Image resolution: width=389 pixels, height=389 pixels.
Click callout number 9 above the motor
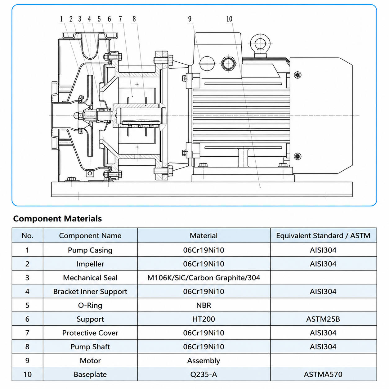pyautogui.click(x=190, y=19)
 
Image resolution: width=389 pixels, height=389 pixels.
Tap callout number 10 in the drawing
pyautogui.click(x=229, y=19)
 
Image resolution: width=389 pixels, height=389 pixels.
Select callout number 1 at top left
pyautogui.click(x=61, y=19)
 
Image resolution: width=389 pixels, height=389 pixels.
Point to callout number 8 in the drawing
pyautogui.click(x=134, y=19)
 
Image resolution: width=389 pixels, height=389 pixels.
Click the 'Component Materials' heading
pyautogui.click(x=57, y=219)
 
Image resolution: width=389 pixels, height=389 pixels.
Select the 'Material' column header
pyautogui.click(x=204, y=235)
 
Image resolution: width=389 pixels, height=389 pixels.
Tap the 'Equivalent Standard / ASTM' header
pyautogui.click(x=323, y=235)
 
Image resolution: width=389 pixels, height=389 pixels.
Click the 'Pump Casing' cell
pyautogui.click(x=90, y=250)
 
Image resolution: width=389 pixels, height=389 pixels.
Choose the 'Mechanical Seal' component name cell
pyautogui.click(x=90, y=278)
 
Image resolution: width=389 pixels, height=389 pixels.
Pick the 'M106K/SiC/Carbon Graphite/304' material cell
pyautogui.click(x=204, y=278)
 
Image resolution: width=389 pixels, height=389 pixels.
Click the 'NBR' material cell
pyautogui.click(x=204, y=305)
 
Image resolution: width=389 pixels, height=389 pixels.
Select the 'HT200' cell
pyautogui.click(x=204, y=319)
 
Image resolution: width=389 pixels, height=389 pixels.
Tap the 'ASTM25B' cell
pyautogui.click(x=323, y=319)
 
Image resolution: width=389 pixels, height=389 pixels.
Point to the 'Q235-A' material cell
pyautogui.click(x=204, y=374)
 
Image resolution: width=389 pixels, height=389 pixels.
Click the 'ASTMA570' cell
pyautogui.click(x=323, y=374)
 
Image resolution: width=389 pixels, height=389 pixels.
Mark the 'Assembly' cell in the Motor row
pyautogui.click(x=204, y=361)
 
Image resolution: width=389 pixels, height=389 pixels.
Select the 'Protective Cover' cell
pyautogui.click(x=90, y=333)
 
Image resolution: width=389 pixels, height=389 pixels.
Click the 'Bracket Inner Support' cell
pyautogui.click(x=90, y=292)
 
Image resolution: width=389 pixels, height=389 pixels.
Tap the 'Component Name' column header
pyautogui.click(x=90, y=235)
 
